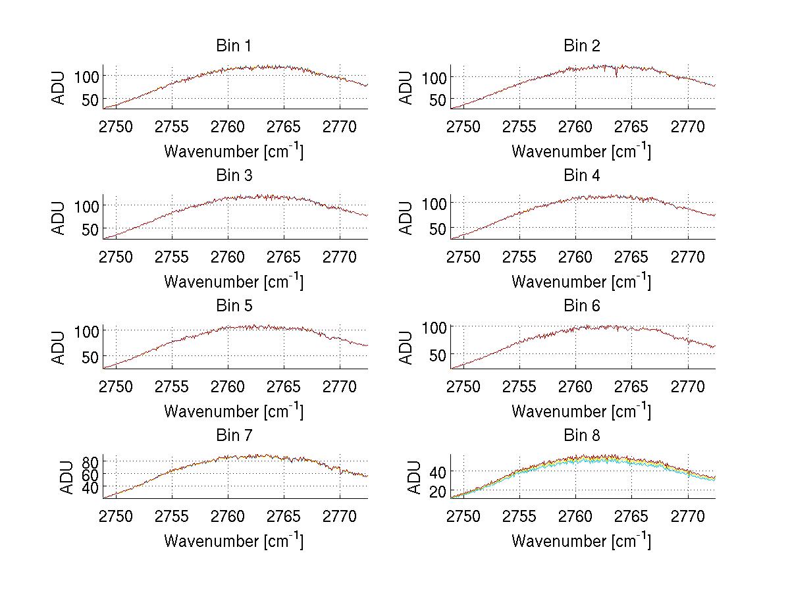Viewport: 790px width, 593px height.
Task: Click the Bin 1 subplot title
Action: pyautogui.click(x=233, y=46)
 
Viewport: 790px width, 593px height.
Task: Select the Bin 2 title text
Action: pyautogui.click(x=581, y=46)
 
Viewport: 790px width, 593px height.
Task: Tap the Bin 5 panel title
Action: pyautogui.click(x=233, y=306)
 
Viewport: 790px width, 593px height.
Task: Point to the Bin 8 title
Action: pyautogui.click(x=581, y=436)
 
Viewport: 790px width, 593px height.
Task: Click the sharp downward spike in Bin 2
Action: pyautogui.click(x=616, y=74)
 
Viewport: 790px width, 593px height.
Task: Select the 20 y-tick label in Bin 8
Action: pyautogui.click(x=438, y=491)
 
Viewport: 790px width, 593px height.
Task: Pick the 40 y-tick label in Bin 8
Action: pyautogui.click(x=438, y=471)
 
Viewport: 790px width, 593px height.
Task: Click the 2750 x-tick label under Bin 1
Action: pyautogui.click(x=116, y=126)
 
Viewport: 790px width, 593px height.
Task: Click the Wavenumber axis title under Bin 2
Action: pyautogui.click(x=581, y=151)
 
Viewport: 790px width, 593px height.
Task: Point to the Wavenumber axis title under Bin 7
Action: pyautogui.click(x=233, y=540)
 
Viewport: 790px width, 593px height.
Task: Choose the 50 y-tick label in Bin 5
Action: pyautogui.click(x=91, y=357)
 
